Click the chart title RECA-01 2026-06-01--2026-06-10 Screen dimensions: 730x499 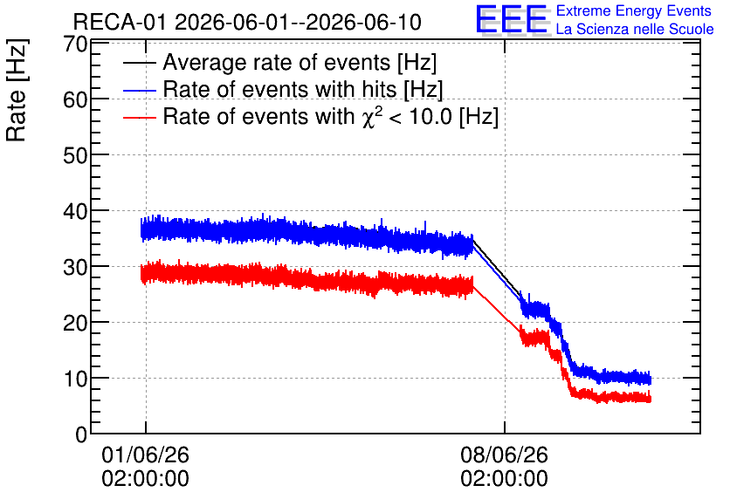pos(247,22)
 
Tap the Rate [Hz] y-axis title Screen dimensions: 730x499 pos(17,90)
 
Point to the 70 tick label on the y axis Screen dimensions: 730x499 pos(75,44)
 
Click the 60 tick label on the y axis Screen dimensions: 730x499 pos(75,99)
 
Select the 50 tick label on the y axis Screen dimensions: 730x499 pos(75,155)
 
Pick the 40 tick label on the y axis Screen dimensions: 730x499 pos(75,212)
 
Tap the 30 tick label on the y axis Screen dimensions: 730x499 pos(75,268)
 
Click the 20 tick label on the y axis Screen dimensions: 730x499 pos(75,323)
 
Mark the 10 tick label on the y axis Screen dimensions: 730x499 pos(75,379)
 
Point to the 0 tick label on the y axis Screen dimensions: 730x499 pos(81,434)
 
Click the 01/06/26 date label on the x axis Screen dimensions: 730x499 pos(145,455)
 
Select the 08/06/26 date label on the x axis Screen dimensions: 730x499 pos(504,455)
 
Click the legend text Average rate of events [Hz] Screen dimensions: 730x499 pos(300,62)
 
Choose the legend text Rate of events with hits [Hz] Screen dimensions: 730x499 pos(303,89)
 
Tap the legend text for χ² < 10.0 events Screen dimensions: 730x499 pos(331,116)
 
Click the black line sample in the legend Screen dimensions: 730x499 pos(139,63)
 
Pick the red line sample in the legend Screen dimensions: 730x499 pos(139,117)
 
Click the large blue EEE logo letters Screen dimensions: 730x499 pos(512,19)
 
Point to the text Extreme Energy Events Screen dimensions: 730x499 pos(634,10)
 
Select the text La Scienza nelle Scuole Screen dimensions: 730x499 pos(635,29)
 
